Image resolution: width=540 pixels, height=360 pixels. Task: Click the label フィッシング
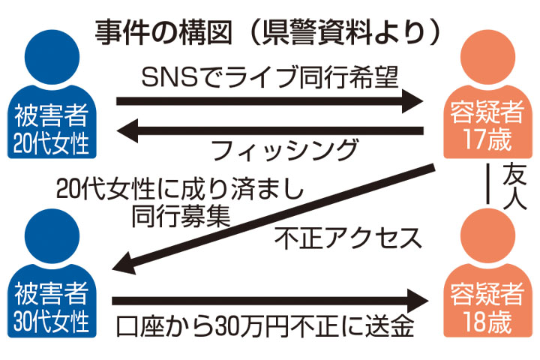tap(284, 152)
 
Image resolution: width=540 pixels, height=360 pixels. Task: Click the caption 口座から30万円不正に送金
tap(265, 328)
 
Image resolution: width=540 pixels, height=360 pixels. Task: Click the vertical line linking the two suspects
tap(488, 183)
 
